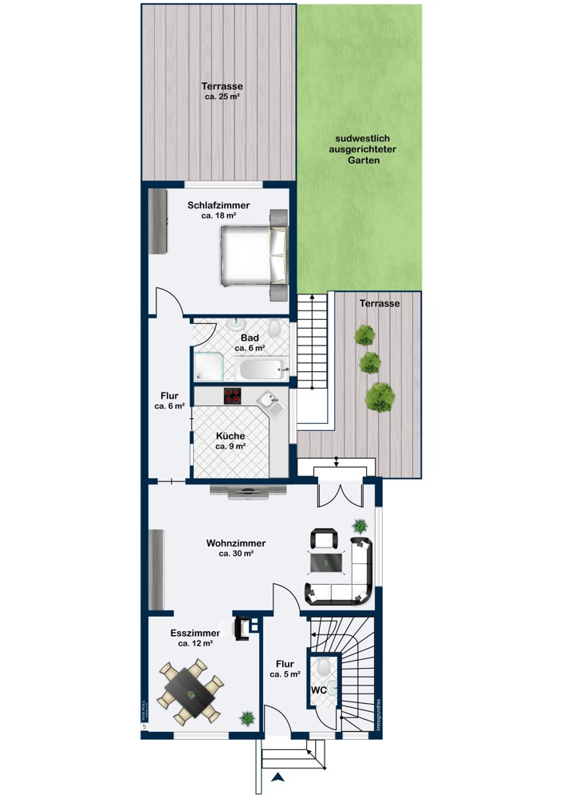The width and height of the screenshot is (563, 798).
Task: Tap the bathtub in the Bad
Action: (260, 369)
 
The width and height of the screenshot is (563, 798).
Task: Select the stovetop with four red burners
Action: (233, 394)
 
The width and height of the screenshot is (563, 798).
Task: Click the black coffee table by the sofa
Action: (327, 563)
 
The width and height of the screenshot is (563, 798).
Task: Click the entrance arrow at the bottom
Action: (278, 777)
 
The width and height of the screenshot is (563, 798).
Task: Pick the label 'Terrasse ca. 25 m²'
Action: (222, 91)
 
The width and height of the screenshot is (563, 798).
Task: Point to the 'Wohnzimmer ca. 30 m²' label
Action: (236, 547)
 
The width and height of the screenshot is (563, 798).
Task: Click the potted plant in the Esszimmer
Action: (248, 718)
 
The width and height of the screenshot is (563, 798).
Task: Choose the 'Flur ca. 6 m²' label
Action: (169, 401)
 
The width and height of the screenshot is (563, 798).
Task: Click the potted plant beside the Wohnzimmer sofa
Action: (360, 526)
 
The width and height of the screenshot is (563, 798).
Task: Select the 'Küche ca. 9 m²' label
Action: (230, 441)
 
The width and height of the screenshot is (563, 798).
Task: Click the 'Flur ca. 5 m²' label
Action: (284, 669)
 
